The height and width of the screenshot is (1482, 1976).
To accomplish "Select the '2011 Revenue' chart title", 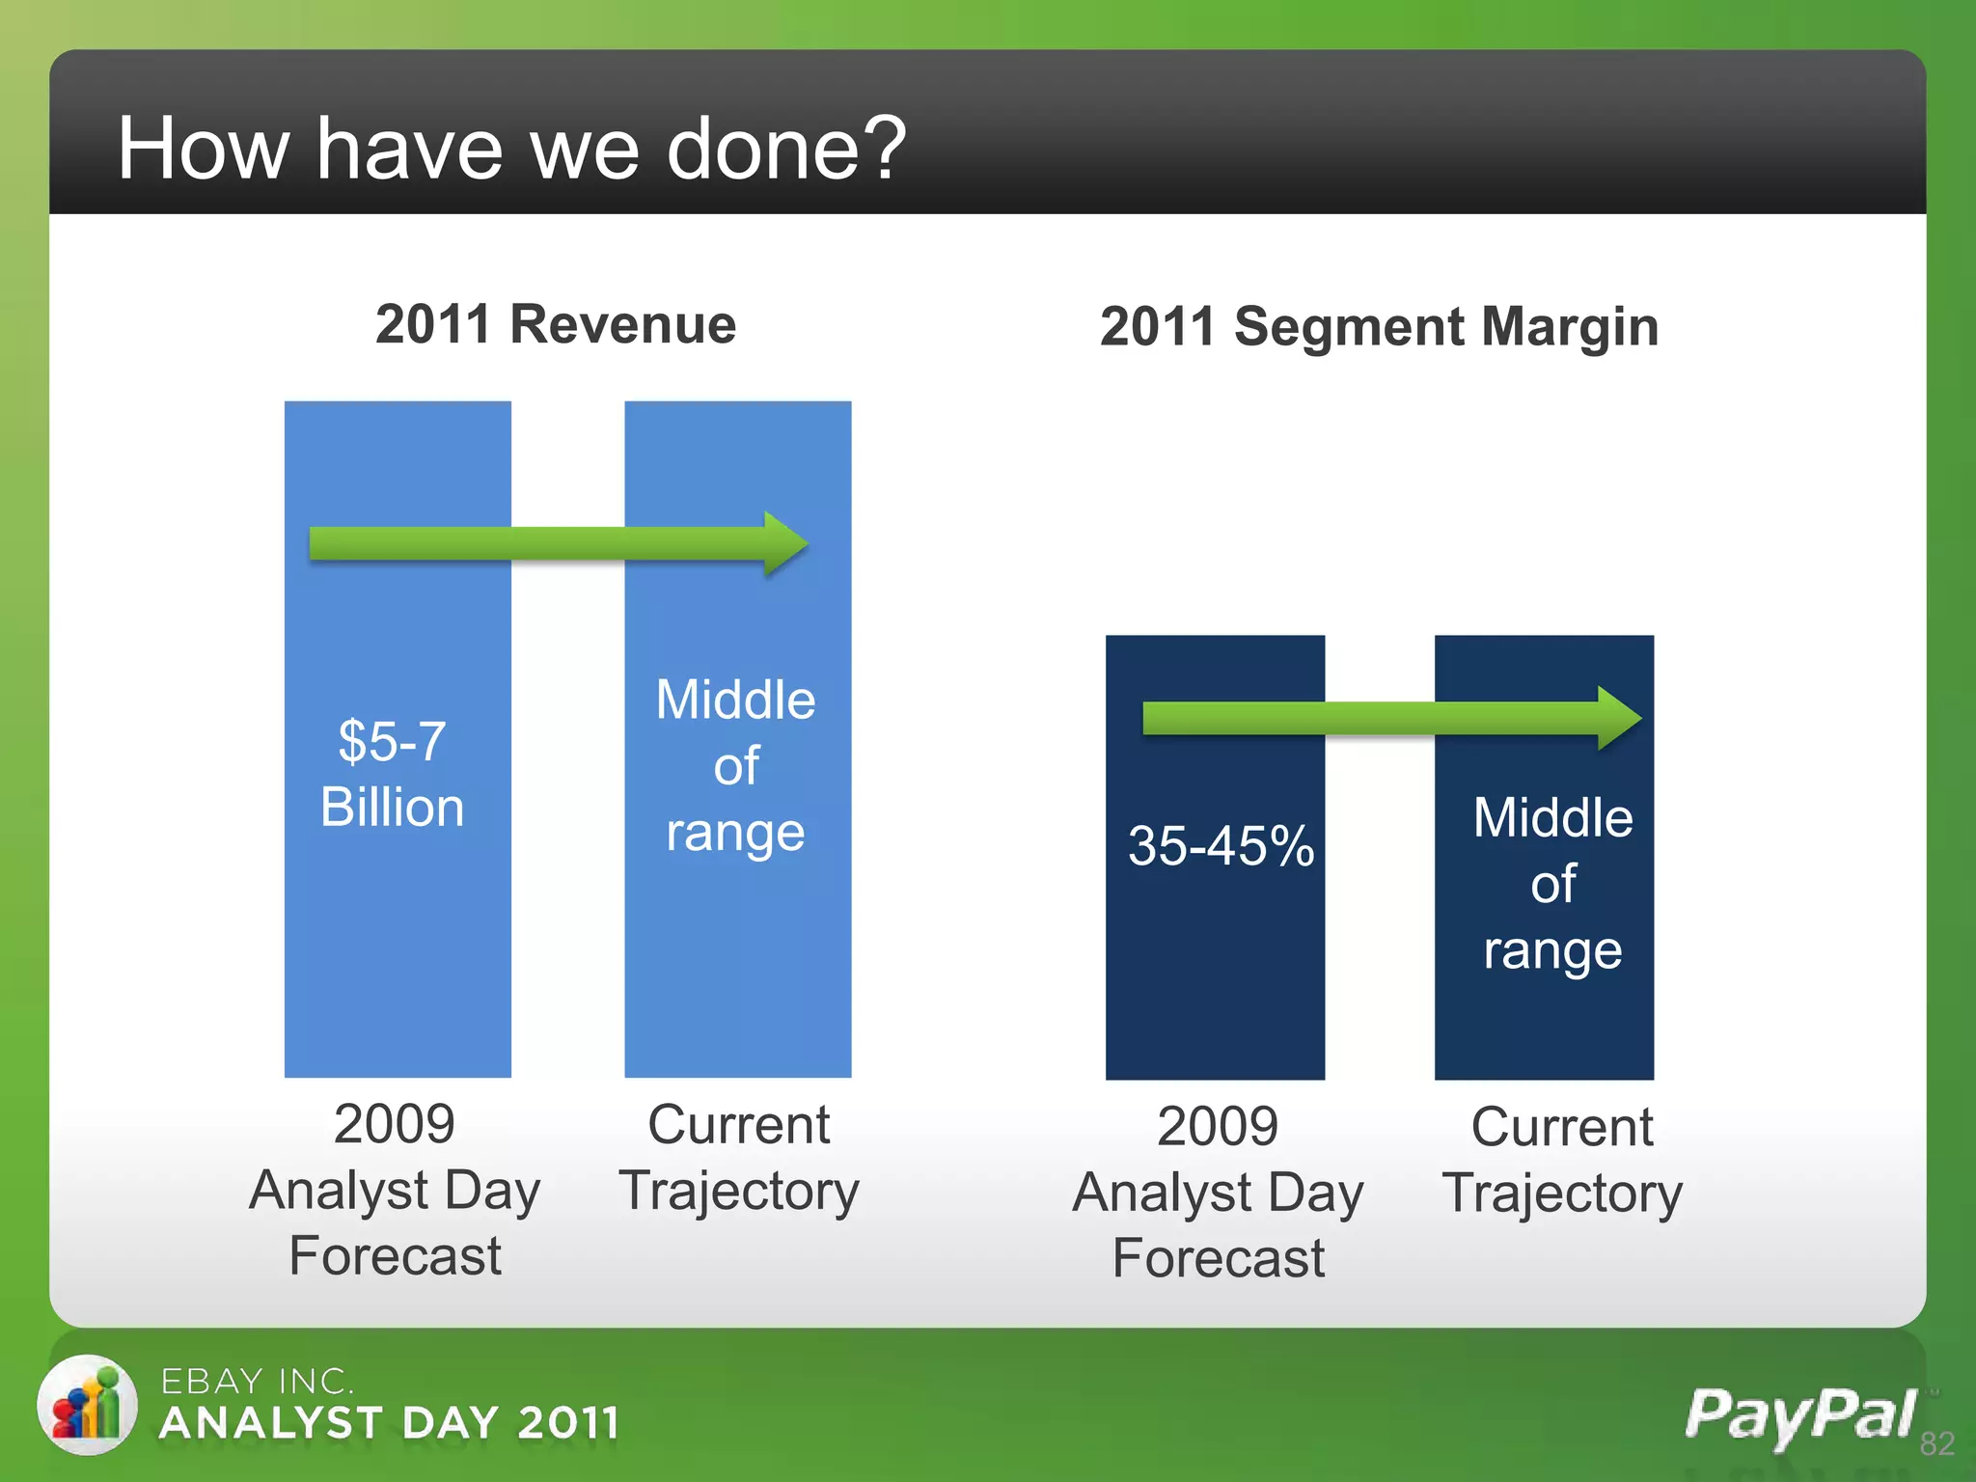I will pyautogui.click(x=556, y=324).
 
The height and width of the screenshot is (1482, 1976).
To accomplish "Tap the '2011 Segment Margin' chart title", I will pyautogui.click(x=1379, y=326).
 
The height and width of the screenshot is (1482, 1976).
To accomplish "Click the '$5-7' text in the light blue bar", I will pyautogui.click(x=392, y=741).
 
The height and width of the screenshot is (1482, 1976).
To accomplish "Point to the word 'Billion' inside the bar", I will pyautogui.click(x=392, y=807).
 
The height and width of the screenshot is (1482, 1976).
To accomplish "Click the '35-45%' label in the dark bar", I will pyautogui.click(x=1221, y=845).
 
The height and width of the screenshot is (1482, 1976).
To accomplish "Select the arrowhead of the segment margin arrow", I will pyautogui.click(x=1618, y=718).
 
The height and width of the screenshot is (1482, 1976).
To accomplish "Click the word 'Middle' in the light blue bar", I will pyautogui.click(x=735, y=700).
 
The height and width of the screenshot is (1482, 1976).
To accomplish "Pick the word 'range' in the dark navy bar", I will pyautogui.click(x=1552, y=951).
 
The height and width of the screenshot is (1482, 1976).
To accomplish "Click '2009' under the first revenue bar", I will pyautogui.click(x=394, y=1124).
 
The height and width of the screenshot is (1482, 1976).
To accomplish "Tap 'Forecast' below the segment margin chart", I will pyautogui.click(x=1218, y=1258).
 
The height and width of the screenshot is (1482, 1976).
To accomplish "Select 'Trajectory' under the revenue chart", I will pyautogui.click(x=738, y=1191).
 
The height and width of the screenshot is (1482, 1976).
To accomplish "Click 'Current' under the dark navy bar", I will pyautogui.click(x=1561, y=1127).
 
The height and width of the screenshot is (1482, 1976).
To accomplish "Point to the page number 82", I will pyautogui.click(x=1936, y=1443).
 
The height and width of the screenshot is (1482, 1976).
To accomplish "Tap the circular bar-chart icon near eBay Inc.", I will pyautogui.click(x=87, y=1404).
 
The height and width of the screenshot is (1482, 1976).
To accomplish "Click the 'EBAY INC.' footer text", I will pyautogui.click(x=258, y=1382).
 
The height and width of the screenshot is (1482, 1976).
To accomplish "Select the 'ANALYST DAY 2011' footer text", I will pyautogui.click(x=389, y=1423).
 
